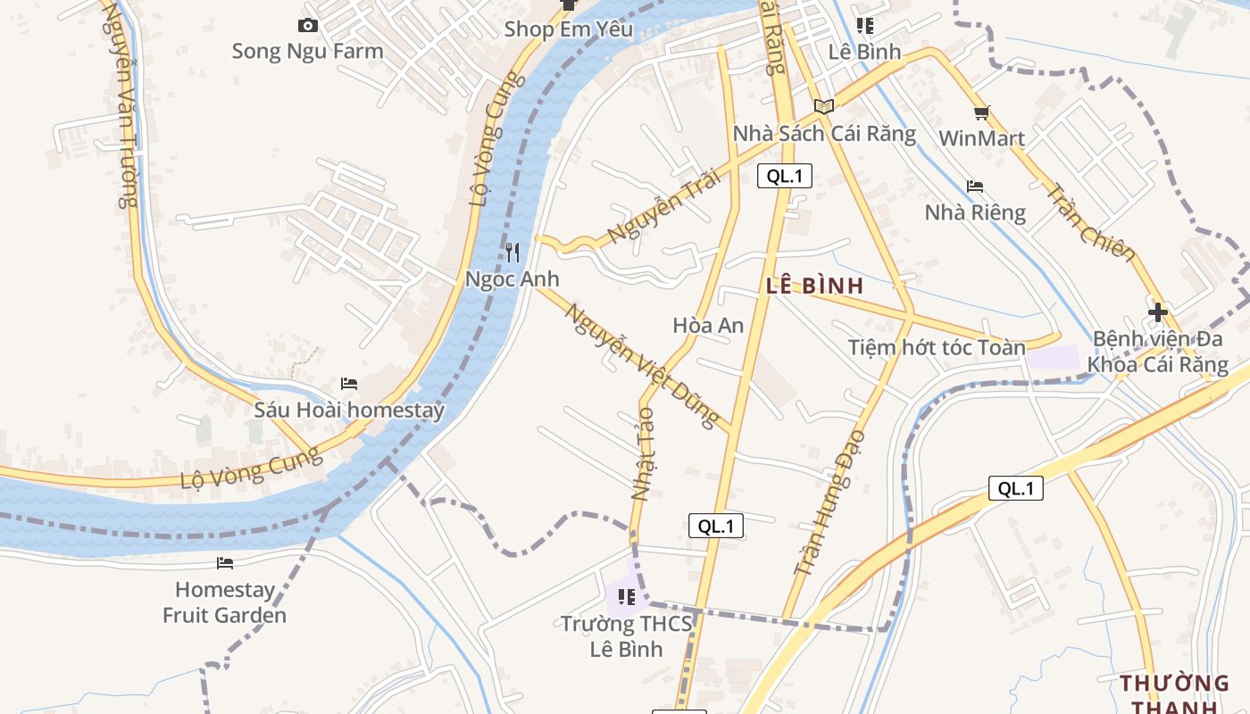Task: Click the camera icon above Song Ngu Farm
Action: point(308,26)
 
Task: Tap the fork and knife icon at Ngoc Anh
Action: point(512,253)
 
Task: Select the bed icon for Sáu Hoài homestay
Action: point(349,384)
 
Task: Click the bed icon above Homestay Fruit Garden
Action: point(225,563)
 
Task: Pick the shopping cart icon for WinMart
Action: point(982,113)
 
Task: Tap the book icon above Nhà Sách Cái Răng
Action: point(823,107)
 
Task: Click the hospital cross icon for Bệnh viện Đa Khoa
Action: point(1158,312)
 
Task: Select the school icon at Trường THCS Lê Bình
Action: point(626,596)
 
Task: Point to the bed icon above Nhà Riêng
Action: point(975,187)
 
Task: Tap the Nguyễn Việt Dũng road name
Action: point(642,365)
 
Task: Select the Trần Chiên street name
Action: point(1090,224)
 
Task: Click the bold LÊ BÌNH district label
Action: point(814,286)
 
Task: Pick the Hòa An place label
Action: point(708,326)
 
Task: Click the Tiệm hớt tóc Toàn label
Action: point(937,347)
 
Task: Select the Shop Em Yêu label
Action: point(569,29)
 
